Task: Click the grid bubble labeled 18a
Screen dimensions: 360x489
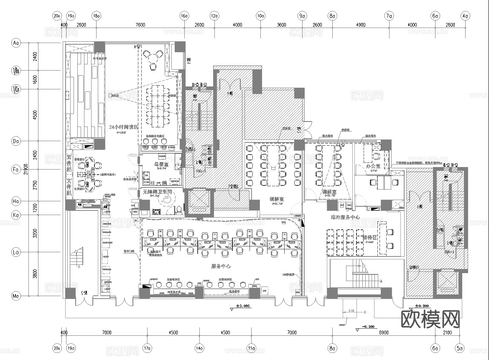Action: pyautogui.click(x=97, y=16)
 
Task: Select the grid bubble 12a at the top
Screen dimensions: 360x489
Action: pyautogui.click(x=214, y=16)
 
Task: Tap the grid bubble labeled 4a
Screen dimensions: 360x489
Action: pyautogui.click(x=465, y=16)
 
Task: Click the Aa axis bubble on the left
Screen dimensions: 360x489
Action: pyautogui.click(x=16, y=43)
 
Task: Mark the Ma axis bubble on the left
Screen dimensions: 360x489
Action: pyautogui.click(x=16, y=296)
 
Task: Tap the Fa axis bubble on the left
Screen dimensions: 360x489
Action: pyautogui.click(x=16, y=170)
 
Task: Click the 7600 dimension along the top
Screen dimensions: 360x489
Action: pyautogui.click(x=140, y=25)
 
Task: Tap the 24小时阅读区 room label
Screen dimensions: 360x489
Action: pyautogui.click(x=124, y=127)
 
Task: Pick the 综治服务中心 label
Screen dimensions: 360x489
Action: pyautogui.click(x=345, y=217)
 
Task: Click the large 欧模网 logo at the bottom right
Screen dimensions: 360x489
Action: pyautogui.click(x=430, y=319)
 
